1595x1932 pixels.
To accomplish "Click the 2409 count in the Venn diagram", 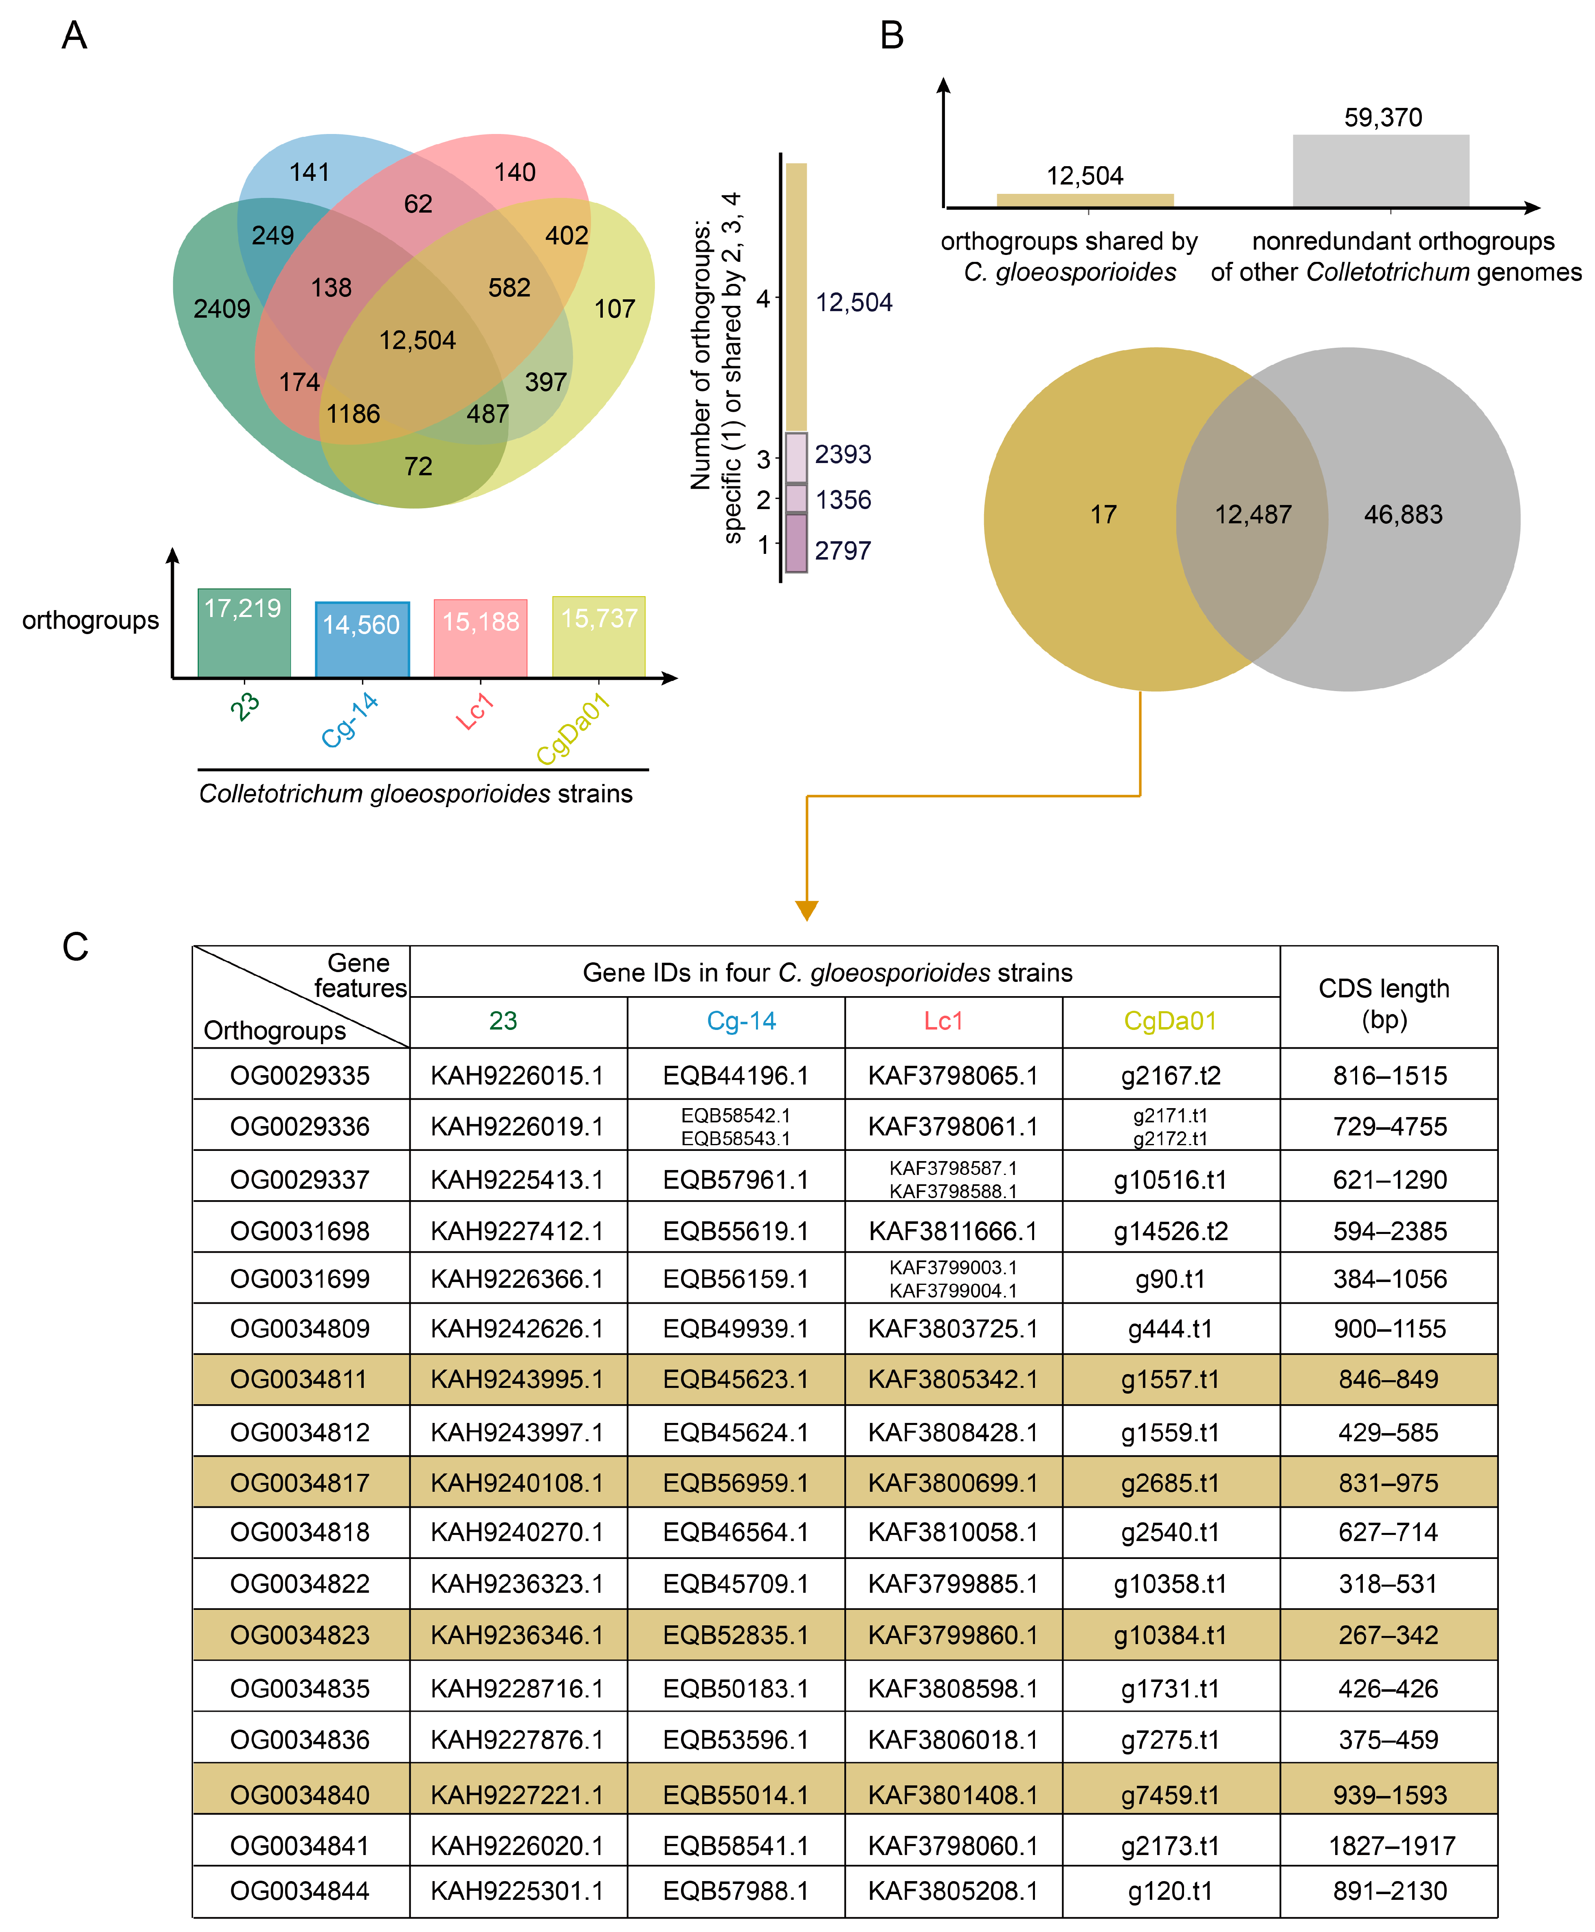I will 222,309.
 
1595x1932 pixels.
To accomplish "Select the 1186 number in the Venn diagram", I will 353,414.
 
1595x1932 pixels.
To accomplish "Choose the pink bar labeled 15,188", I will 481,639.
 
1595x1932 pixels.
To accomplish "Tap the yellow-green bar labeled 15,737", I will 599,637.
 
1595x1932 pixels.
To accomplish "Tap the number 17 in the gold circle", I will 1103,514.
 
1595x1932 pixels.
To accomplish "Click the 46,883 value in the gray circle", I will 1403,514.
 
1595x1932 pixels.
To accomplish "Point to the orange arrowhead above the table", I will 807,909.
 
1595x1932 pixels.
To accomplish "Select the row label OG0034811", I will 299,1379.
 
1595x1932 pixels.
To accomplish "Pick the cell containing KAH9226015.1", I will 517,1075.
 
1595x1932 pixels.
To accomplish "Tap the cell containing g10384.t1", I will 1170,1635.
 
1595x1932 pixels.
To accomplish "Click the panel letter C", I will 75,946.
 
